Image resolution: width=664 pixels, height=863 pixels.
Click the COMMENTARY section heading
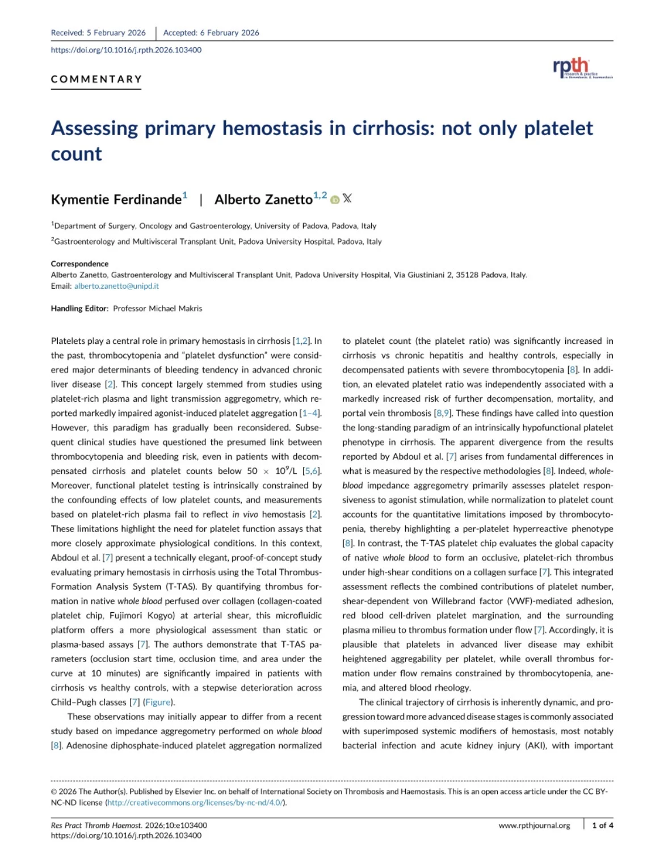click(x=96, y=79)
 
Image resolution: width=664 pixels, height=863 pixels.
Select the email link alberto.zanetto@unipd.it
click(x=116, y=286)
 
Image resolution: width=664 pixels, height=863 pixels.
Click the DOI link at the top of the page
click(x=126, y=50)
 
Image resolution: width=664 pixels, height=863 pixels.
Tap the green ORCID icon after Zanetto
click(x=335, y=199)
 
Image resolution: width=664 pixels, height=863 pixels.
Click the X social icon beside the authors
click(x=347, y=198)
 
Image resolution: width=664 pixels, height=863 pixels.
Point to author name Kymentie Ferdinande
click(x=116, y=200)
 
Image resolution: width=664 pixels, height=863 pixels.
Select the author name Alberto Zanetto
click(x=263, y=200)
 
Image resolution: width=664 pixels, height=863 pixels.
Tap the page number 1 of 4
click(x=602, y=825)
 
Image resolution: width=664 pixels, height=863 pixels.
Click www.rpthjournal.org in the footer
click(x=534, y=825)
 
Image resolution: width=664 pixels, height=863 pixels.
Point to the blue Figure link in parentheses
click(x=158, y=702)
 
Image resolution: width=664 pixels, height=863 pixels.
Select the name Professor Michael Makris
click(x=158, y=309)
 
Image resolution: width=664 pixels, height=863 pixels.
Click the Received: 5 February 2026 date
click(x=98, y=33)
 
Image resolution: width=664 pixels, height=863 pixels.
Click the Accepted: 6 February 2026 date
click(x=211, y=33)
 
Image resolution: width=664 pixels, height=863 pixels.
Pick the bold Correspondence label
click(x=79, y=264)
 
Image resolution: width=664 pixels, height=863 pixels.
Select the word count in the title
click(x=77, y=154)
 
